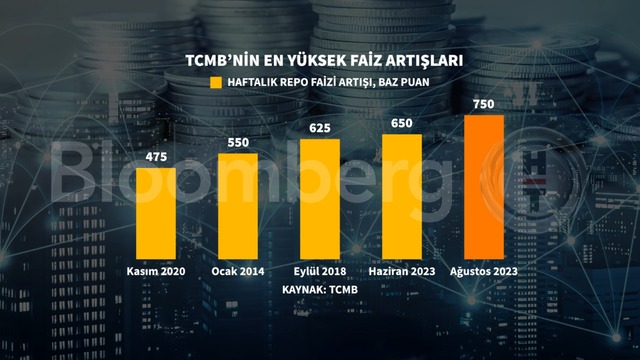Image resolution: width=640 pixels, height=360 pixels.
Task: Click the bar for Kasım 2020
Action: [156, 213]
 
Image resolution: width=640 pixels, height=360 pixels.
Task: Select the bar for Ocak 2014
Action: [238, 206]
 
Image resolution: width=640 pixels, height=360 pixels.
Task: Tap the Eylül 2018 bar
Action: [320, 199]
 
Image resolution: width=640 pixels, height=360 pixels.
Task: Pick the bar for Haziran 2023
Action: [402, 197]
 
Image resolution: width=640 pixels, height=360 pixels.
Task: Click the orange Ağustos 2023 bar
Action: [484, 187]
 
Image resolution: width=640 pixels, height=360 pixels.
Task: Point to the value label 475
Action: [156, 157]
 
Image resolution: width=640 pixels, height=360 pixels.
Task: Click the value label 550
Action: [238, 142]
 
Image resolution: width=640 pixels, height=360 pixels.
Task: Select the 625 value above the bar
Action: [320, 128]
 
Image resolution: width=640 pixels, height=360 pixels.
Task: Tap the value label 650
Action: [402, 123]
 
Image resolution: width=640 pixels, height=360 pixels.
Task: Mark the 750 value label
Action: [484, 104]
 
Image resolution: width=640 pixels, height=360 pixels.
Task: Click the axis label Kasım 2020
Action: [156, 271]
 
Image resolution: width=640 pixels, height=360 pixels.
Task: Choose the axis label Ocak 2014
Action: [238, 271]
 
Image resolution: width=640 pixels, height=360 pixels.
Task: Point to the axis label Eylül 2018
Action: [320, 271]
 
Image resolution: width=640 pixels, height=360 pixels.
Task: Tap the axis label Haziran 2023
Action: [402, 271]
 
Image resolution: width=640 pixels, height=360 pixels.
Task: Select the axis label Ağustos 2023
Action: [484, 271]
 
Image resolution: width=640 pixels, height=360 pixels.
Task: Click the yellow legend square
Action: [216, 82]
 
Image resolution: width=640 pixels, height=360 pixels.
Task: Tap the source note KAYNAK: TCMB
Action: [320, 290]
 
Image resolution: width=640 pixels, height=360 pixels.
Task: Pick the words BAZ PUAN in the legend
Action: [404, 82]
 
